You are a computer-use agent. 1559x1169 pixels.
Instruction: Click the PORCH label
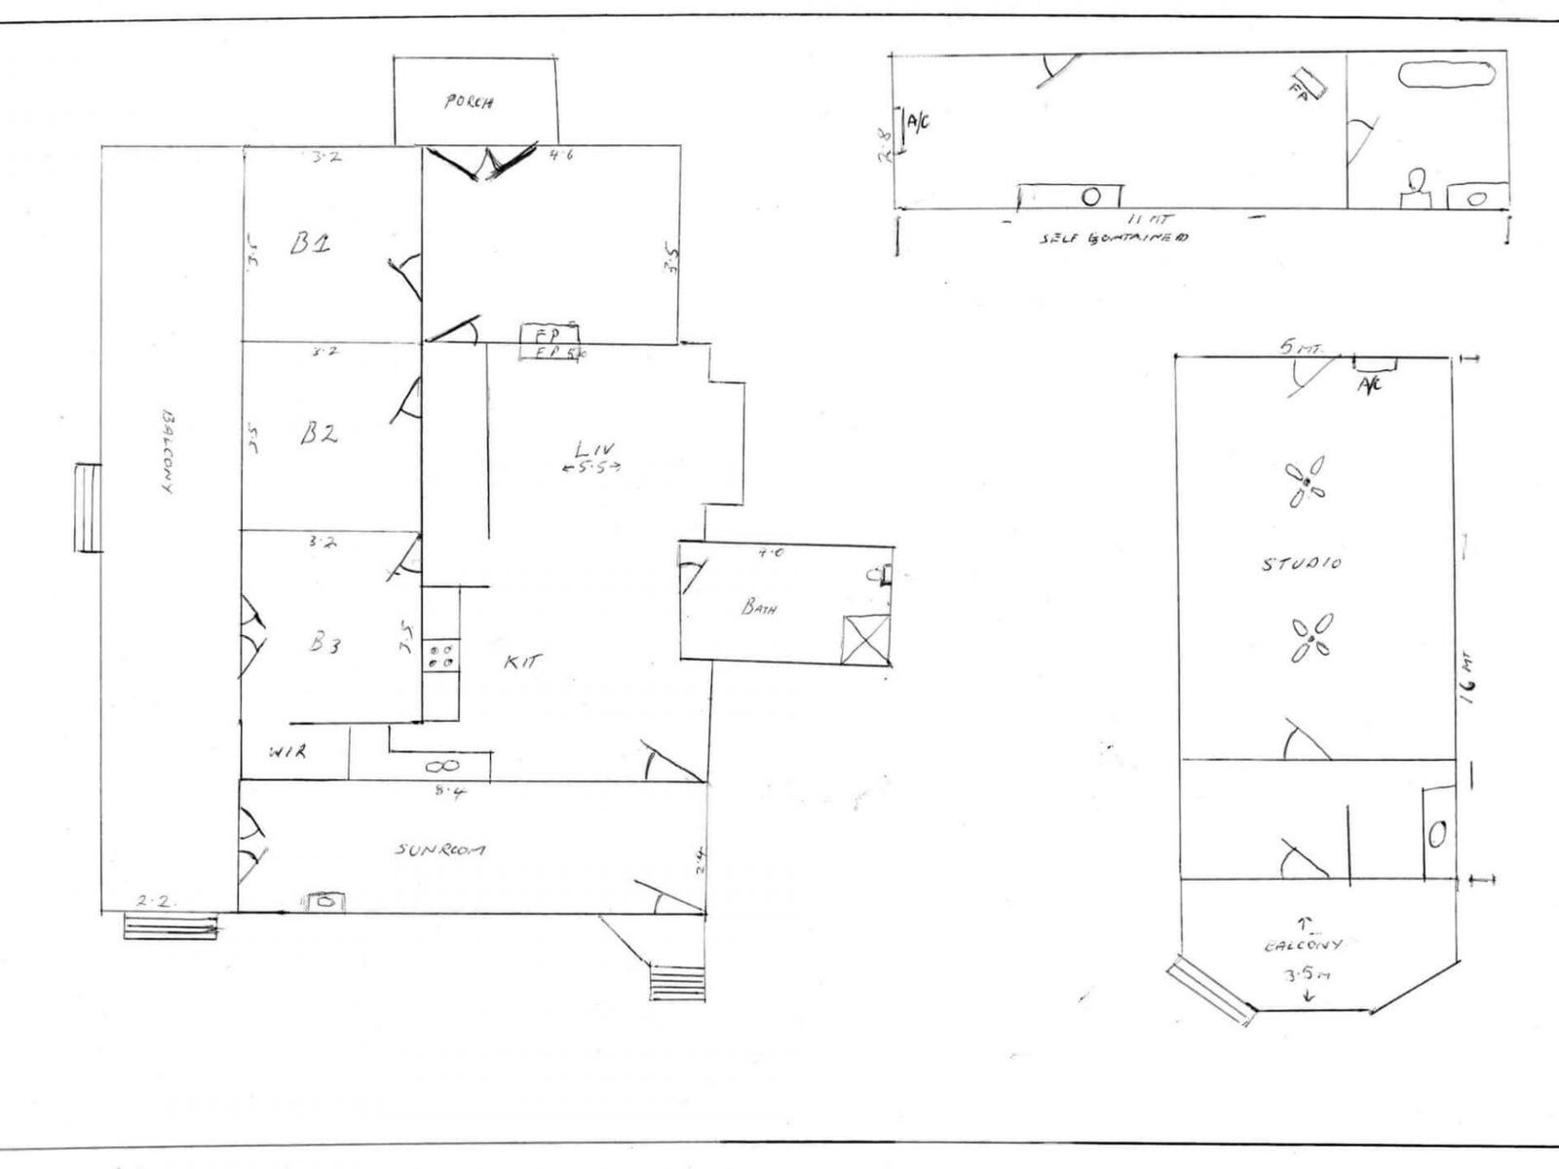470,101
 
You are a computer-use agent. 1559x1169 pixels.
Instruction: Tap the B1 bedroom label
311,244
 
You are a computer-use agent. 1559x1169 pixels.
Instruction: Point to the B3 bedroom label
324,643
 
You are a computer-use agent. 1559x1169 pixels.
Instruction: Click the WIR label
288,752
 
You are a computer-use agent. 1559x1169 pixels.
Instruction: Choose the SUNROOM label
440,849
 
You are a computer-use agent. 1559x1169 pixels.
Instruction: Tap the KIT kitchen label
522,661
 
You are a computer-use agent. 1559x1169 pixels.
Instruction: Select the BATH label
759,608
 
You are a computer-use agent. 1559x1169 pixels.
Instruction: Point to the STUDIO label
1302,563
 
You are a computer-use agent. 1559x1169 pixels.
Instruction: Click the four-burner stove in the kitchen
439,654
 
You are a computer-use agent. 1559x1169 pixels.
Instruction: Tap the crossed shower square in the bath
865,639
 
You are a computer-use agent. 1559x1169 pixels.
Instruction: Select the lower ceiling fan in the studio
1312,639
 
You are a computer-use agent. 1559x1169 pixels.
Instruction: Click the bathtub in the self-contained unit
1446,76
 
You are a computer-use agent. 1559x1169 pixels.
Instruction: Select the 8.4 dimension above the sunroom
449,791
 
